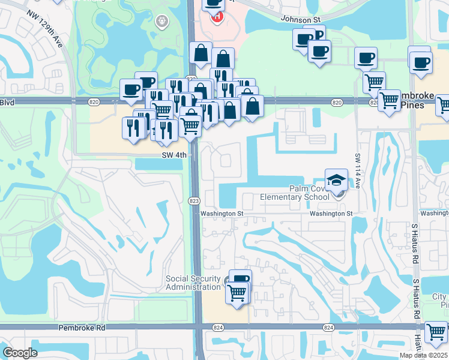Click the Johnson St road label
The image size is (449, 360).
tap(301, 20)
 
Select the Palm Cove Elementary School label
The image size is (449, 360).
tap(294, 193)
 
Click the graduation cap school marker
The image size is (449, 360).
tap(336, 179)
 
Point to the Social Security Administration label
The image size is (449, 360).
tap(194, 283)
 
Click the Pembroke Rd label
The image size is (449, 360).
tap(82, 328)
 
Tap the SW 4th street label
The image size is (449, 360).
tap(174, 155)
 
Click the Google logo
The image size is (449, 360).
tap(20, 353)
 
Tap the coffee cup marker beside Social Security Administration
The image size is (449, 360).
tap(240, 280)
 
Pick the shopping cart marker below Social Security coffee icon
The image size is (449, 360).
tap(237, 294)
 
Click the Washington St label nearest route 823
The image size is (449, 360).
tap(221, 213)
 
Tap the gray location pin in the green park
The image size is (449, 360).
tap(161, 22)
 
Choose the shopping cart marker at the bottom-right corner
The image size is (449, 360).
tap(436, 332)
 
